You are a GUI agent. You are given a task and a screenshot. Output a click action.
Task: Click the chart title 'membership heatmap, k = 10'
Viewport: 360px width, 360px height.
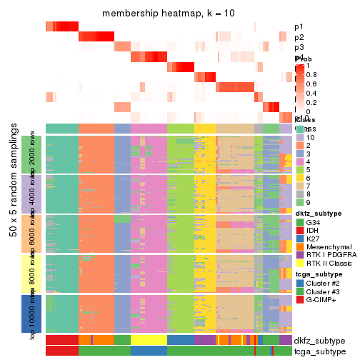click(169, 14)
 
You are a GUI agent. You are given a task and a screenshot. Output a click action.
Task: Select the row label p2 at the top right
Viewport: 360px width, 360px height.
click(299, 37)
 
